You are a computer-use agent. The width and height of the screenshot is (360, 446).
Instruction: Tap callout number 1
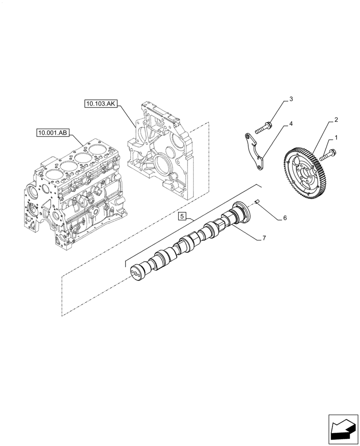pyautogui.click(x=336, y=138)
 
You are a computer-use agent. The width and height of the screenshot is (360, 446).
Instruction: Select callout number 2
pyautogui.click(x=336, y=120)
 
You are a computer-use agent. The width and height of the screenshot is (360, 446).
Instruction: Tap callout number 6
pyautogui.click(x=285, y=218)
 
